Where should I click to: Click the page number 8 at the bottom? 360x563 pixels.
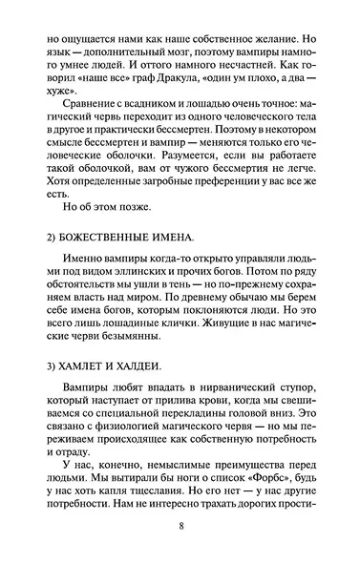click(x=180, y=527)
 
